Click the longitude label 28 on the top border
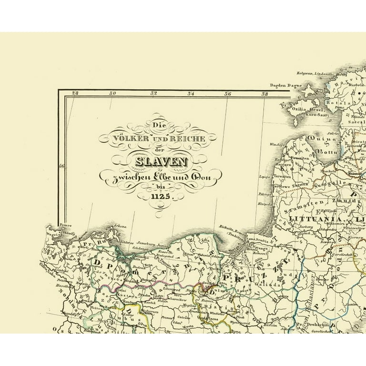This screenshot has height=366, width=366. (x=75, y=94)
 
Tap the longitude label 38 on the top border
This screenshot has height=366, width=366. (x=264, y=94)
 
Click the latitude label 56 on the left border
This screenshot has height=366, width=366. (x=61, y=166)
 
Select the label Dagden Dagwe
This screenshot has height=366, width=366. (x=286, y=86)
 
